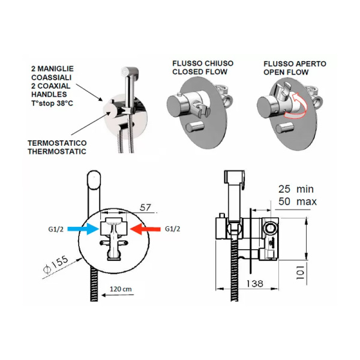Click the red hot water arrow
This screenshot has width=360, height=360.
click(x=144, y=228)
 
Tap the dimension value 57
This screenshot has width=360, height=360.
click(x=145, y=207)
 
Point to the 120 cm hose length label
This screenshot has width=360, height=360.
click(x=120, y=289)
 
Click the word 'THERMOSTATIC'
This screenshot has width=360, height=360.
click(x=56, y=151)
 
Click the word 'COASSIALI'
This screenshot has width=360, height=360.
click(x=52, y=77)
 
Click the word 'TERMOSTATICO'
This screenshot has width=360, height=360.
click(x=57, y=142)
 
